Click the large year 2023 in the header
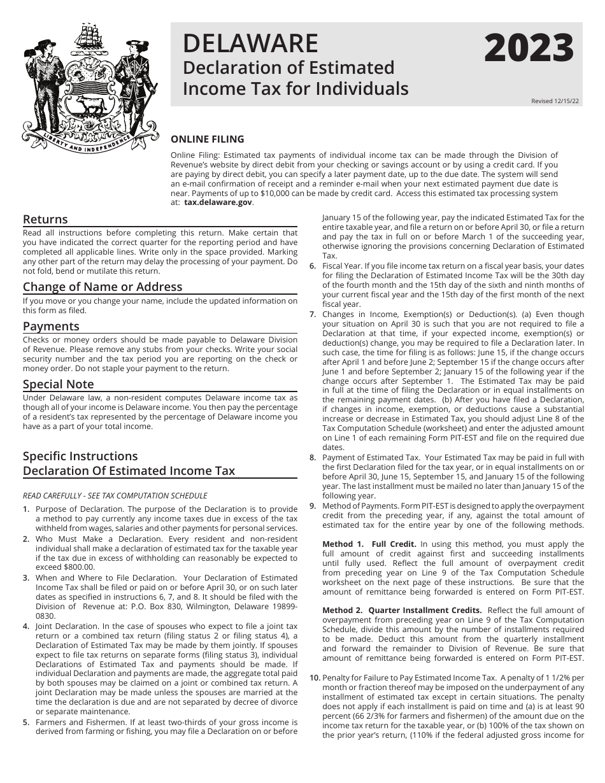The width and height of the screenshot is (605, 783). [529, 49]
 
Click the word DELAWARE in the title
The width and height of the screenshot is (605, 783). [250, 43]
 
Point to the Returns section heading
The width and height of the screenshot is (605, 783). [45, 220]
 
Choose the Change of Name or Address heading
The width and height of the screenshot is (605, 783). [103, 286]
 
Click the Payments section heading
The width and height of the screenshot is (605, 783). [51, 326]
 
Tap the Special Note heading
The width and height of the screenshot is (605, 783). [58, 384]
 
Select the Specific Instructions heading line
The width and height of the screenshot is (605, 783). [80, 456]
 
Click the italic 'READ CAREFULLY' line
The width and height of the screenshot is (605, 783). [115, 496]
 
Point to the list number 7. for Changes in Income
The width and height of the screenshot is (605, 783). [313, 314]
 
